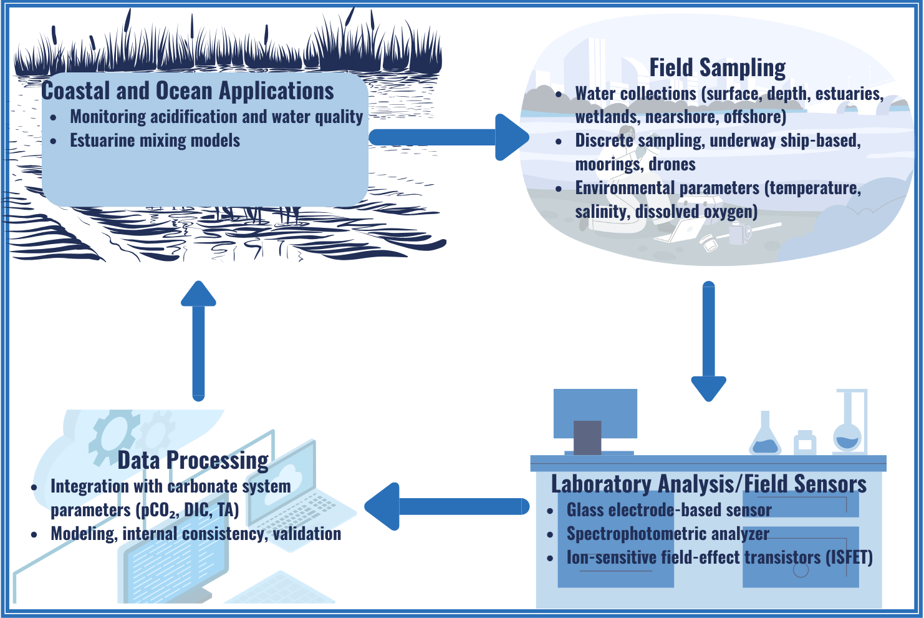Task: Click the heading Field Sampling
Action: pyautogui.click(x=717, y=67)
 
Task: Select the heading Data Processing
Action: pyautogui.click(x=193, y=460)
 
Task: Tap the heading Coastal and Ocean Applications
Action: pyautogui.click(x=188, y=91)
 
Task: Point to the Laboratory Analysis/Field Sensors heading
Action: pyautogui.click(x=708, y=484)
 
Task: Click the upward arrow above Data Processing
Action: pyautogui.click(x=198, y=340)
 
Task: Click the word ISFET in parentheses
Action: pyautogui.click(x=849, y=557)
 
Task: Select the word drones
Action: pyautogui.click(x=672, y=164)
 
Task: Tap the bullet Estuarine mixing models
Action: pyautogui.click(x=155, y=140)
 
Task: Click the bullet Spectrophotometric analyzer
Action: pyautogui.click(x=667, y=534)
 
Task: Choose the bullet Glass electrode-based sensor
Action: pyautogui.click(x=668, y=510)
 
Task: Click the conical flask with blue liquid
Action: pyautogui.click(x=765, y=436)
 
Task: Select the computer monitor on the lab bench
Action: pyautogui.click(x=595, y=415)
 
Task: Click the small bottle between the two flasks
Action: pyautogui.click(x=805, y=443)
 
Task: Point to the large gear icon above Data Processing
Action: pyautogui.click(x=114, y=437)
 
